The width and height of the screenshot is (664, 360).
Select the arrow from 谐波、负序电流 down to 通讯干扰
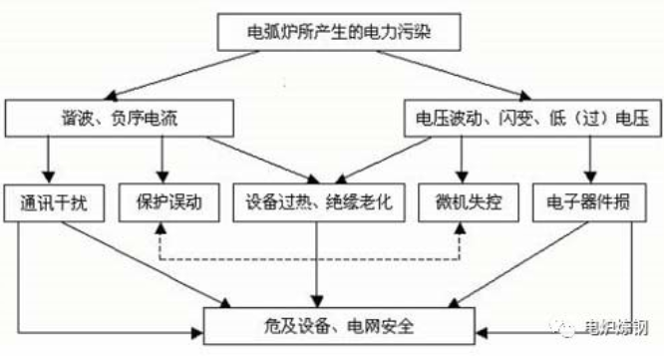point(47,160)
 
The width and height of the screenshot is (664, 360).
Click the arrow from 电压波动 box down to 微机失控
point(461,160)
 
